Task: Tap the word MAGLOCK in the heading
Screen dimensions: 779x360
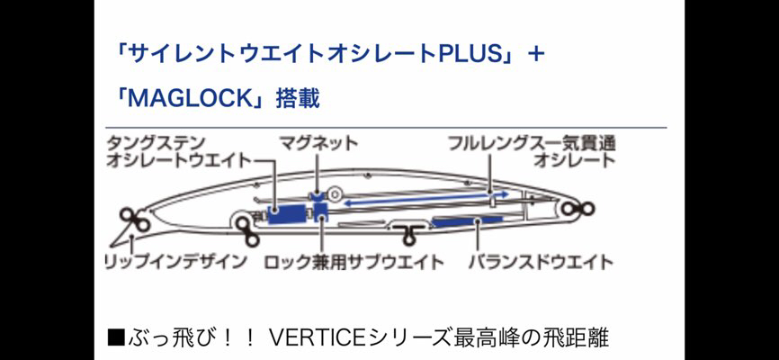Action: pyautogui.click(x=192, y=99)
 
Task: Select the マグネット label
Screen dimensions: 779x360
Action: pyautogui.click(x=318, y=144)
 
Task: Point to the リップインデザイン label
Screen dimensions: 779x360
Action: pyautogui.click(x=176, y=262)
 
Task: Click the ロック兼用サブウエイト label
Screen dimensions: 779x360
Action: pyautogui.click(x=354, y=262)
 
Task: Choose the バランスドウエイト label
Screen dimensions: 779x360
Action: pyautogui.click(x=541, y=262)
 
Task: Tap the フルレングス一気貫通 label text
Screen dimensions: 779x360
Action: pyautogui.click(x=532, y=144)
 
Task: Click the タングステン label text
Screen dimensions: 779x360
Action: pyautogui.click(x=155, y=144)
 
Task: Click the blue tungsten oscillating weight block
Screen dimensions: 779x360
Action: pyautogui.click(x=286, y=214)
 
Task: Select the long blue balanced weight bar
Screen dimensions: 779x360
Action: pyautogui.click(x=467, y=220)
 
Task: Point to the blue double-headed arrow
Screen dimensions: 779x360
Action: pyautogui.click(x=426, y=197)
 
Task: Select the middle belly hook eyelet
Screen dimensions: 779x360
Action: pyautogui.click(x=407, y=233)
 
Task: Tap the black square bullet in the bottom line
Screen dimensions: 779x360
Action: pyautogui.click(x=116, y=339)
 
